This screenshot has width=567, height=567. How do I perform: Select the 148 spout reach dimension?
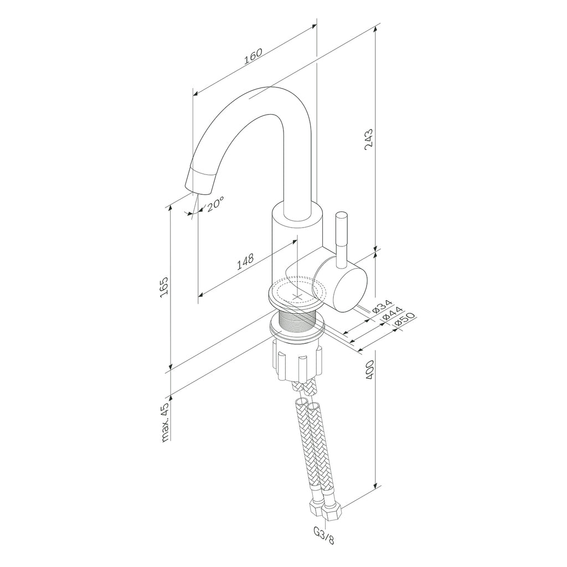245,262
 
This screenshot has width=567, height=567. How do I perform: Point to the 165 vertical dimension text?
163,287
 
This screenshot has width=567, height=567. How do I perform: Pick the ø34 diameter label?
382,306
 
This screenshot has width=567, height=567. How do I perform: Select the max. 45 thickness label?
165,422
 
